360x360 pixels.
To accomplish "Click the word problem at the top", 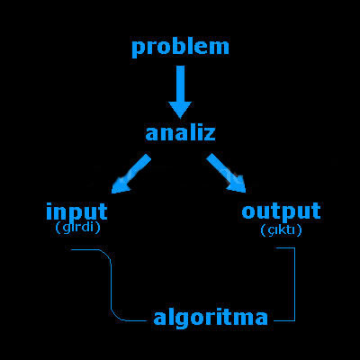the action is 180,48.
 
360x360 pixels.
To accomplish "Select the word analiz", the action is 180,133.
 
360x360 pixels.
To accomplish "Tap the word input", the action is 76,211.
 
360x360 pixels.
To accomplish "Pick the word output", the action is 281,211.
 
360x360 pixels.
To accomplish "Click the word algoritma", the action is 211,318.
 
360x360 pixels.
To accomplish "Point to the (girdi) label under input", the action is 77,229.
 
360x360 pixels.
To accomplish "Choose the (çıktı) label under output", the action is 281,230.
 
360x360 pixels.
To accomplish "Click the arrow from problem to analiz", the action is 180,92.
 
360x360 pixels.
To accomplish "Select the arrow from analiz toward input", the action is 131,174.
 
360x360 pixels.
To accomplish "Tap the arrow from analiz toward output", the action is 226,173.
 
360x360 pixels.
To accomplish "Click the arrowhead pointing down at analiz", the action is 180,110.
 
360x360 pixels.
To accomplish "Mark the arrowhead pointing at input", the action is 119,186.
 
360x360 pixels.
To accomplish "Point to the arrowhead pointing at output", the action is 238,184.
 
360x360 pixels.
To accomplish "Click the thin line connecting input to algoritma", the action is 112,285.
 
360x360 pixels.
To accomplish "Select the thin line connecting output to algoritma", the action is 295,285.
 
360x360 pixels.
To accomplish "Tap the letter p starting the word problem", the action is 138,49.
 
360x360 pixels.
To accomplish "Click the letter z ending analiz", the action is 209,134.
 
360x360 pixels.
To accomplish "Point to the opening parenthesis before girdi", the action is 58,229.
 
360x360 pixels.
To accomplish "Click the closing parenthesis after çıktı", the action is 300,230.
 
